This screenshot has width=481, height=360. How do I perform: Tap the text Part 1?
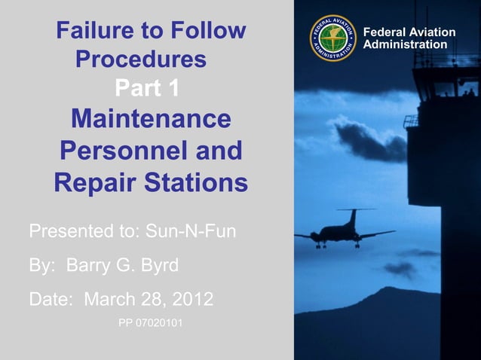point(147,88)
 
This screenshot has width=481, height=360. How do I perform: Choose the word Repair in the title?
point(91,182)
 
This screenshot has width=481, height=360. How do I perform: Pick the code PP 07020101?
point(150,324)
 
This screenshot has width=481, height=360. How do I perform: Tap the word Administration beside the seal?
point(406,44)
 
